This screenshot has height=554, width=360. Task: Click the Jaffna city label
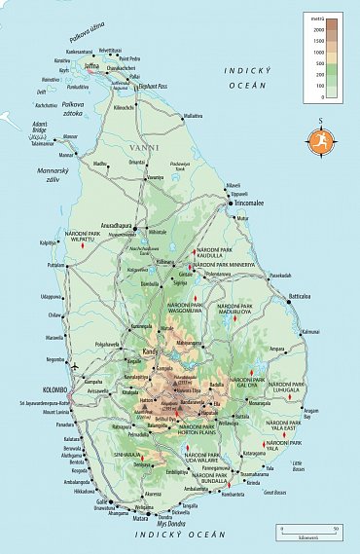click(92, 66)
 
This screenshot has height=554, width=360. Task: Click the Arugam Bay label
click(311, 413)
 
